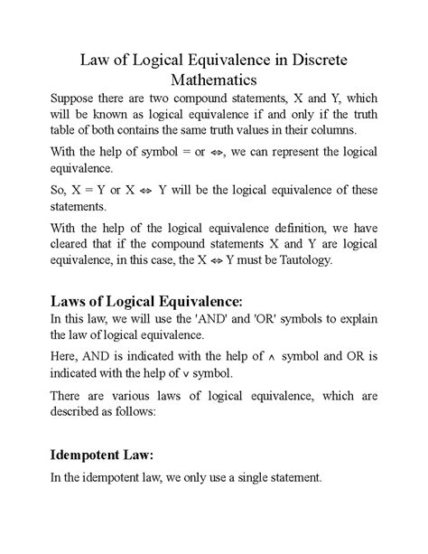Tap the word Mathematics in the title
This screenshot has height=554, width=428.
coord(214,81)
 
